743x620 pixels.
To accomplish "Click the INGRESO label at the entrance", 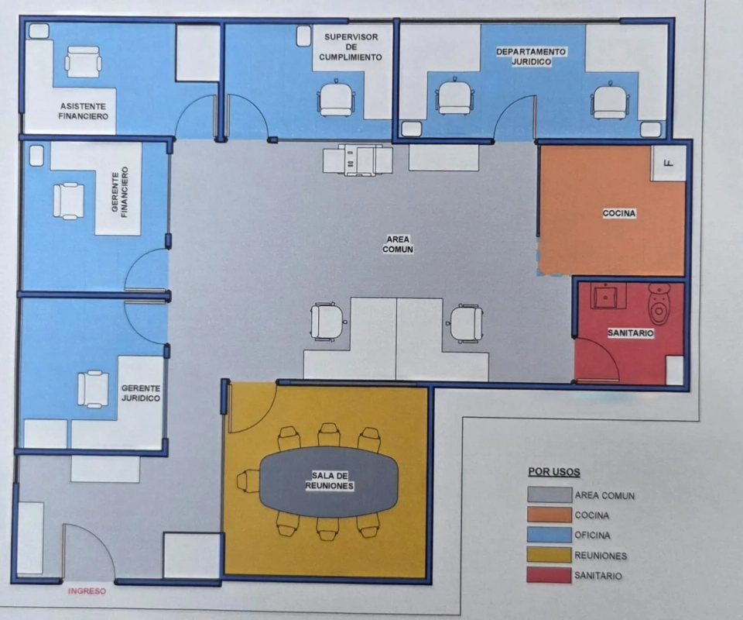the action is click(x=87, y=591).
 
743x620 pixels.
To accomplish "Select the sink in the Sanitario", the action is click(x=605, y=296).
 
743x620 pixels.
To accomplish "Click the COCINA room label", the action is click(x=619, y=213).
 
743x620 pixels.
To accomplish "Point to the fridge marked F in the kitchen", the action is click(x=669, y=164).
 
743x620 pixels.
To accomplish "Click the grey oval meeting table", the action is click(x=329, y=481).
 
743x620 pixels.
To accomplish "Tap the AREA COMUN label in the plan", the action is click(x=398, y=244).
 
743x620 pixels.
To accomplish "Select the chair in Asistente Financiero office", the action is click(x=83, y=62).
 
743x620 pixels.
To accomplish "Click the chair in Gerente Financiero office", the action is click(x=69, y=201).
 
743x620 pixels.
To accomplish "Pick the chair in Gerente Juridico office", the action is click(x=93, y=389).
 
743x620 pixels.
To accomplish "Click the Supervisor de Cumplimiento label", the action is click(x=351, y=47).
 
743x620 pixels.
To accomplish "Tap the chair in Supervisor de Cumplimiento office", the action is click(x=336, y=98).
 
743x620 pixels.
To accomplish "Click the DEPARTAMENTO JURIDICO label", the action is click(x=531, y=57).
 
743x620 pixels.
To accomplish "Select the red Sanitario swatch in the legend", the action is click(x=550, y=575).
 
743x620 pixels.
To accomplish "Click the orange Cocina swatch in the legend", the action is click(x=550, y=515).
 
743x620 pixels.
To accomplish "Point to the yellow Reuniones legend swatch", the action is click(x=550, y=555).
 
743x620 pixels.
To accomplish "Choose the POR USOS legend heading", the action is click(x=554, y=472).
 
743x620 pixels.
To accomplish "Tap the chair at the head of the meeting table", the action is click(x=248, y=481).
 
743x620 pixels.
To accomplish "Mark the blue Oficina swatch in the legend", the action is click(x=550, y=535).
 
